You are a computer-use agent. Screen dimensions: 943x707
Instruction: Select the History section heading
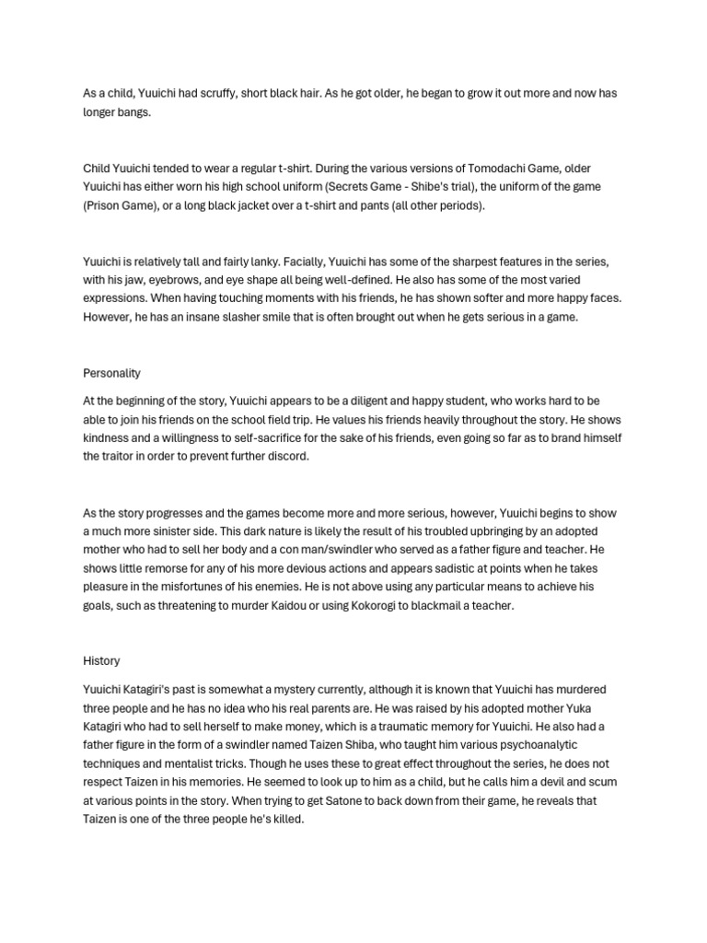click(x=100, y=660)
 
